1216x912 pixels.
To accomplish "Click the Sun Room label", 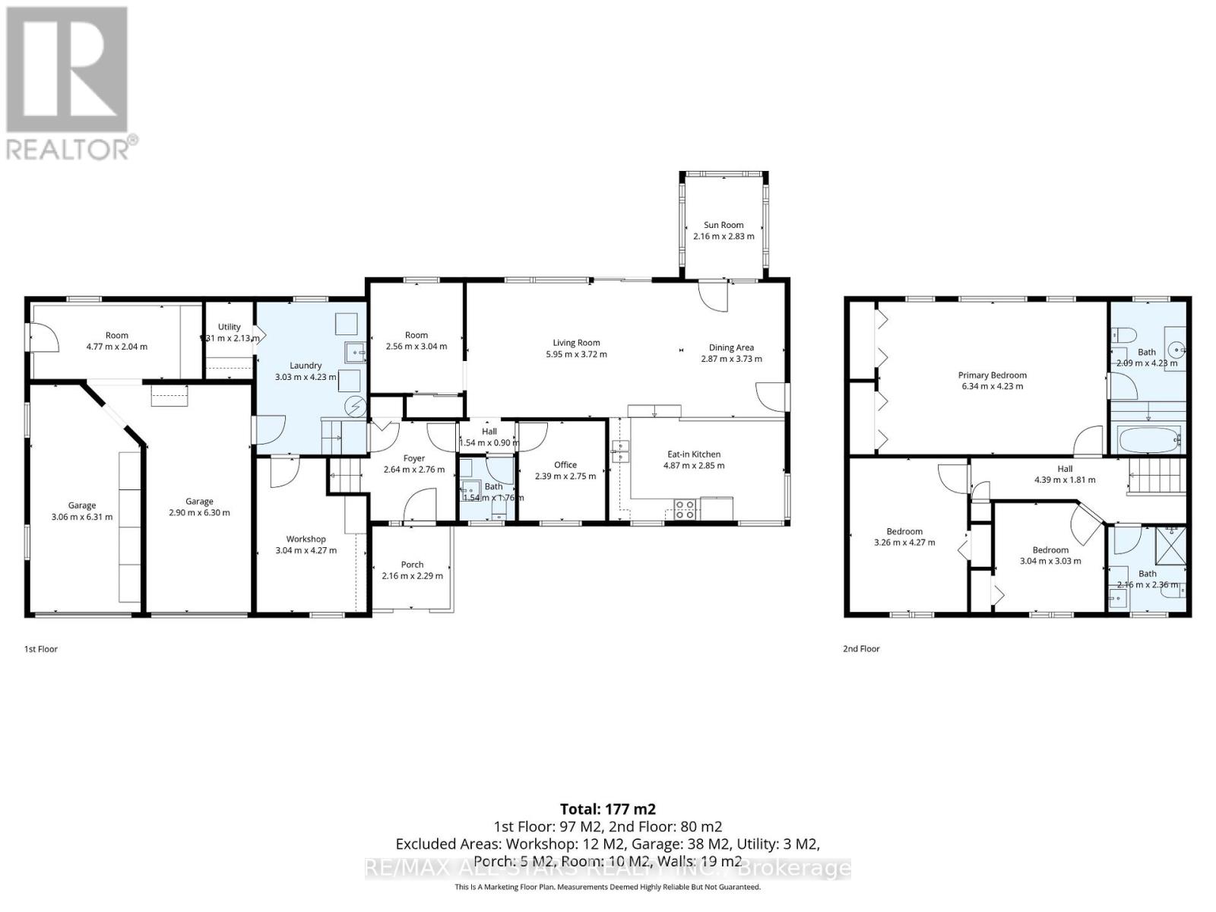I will (724, 225).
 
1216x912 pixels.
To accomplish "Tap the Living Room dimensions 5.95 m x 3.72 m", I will (576, 354).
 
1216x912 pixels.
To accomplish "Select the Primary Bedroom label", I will (992, 375).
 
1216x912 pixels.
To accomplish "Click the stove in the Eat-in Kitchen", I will (684, 508).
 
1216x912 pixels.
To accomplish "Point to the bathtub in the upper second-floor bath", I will (1148, 439).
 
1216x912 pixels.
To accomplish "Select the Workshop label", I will (306, 539).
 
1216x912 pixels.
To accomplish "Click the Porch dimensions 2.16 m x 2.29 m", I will (412, 576).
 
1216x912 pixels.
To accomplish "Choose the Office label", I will (565, 464).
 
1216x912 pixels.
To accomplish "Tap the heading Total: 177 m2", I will (607, 809).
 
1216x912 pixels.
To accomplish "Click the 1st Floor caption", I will (41, 649).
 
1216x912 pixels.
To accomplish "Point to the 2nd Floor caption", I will (861, 649).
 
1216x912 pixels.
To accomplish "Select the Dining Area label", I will (731, 347).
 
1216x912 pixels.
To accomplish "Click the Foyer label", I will (414, 458).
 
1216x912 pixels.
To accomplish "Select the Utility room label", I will (229, 327).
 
